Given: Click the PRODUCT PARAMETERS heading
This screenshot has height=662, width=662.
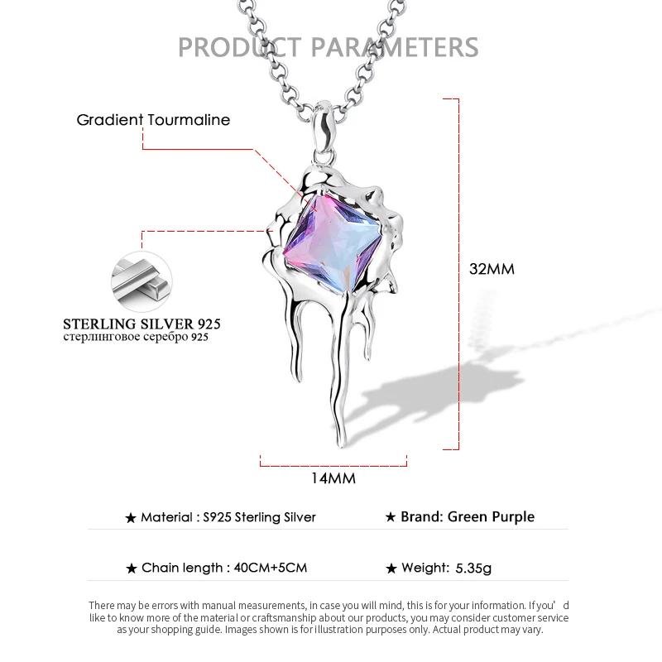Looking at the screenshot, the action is coord(329,46).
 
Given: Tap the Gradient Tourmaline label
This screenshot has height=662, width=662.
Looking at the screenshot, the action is coord(153,120).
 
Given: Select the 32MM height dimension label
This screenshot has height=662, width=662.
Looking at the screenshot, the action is coord(492,269).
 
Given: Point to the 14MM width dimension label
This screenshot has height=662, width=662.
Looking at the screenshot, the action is coord(333,478).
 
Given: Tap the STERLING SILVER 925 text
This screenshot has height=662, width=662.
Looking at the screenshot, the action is coord(142,323).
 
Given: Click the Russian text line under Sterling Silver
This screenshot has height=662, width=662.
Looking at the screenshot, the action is coord(136,338).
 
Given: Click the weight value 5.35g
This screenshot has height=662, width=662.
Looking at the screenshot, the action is coord(473,568).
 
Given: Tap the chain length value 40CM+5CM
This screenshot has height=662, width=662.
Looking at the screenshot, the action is coord(271,568).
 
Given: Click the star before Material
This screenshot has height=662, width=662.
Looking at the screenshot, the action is coord(130,518).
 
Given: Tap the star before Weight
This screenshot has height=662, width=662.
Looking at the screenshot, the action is coord(391,568).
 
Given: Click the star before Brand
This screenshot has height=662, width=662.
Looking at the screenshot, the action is coord(391,517).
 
